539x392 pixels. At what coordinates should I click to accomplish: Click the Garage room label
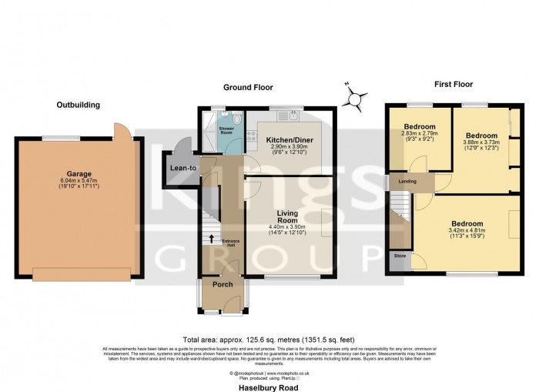[x=75, y=174]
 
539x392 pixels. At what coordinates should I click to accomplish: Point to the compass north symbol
[x=353, y=98]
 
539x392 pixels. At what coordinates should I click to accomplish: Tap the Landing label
[x=407, y=182]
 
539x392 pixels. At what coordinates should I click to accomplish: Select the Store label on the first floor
[x=400, y=255]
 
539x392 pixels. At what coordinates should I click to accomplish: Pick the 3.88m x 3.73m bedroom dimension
[x=480, y=142]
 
